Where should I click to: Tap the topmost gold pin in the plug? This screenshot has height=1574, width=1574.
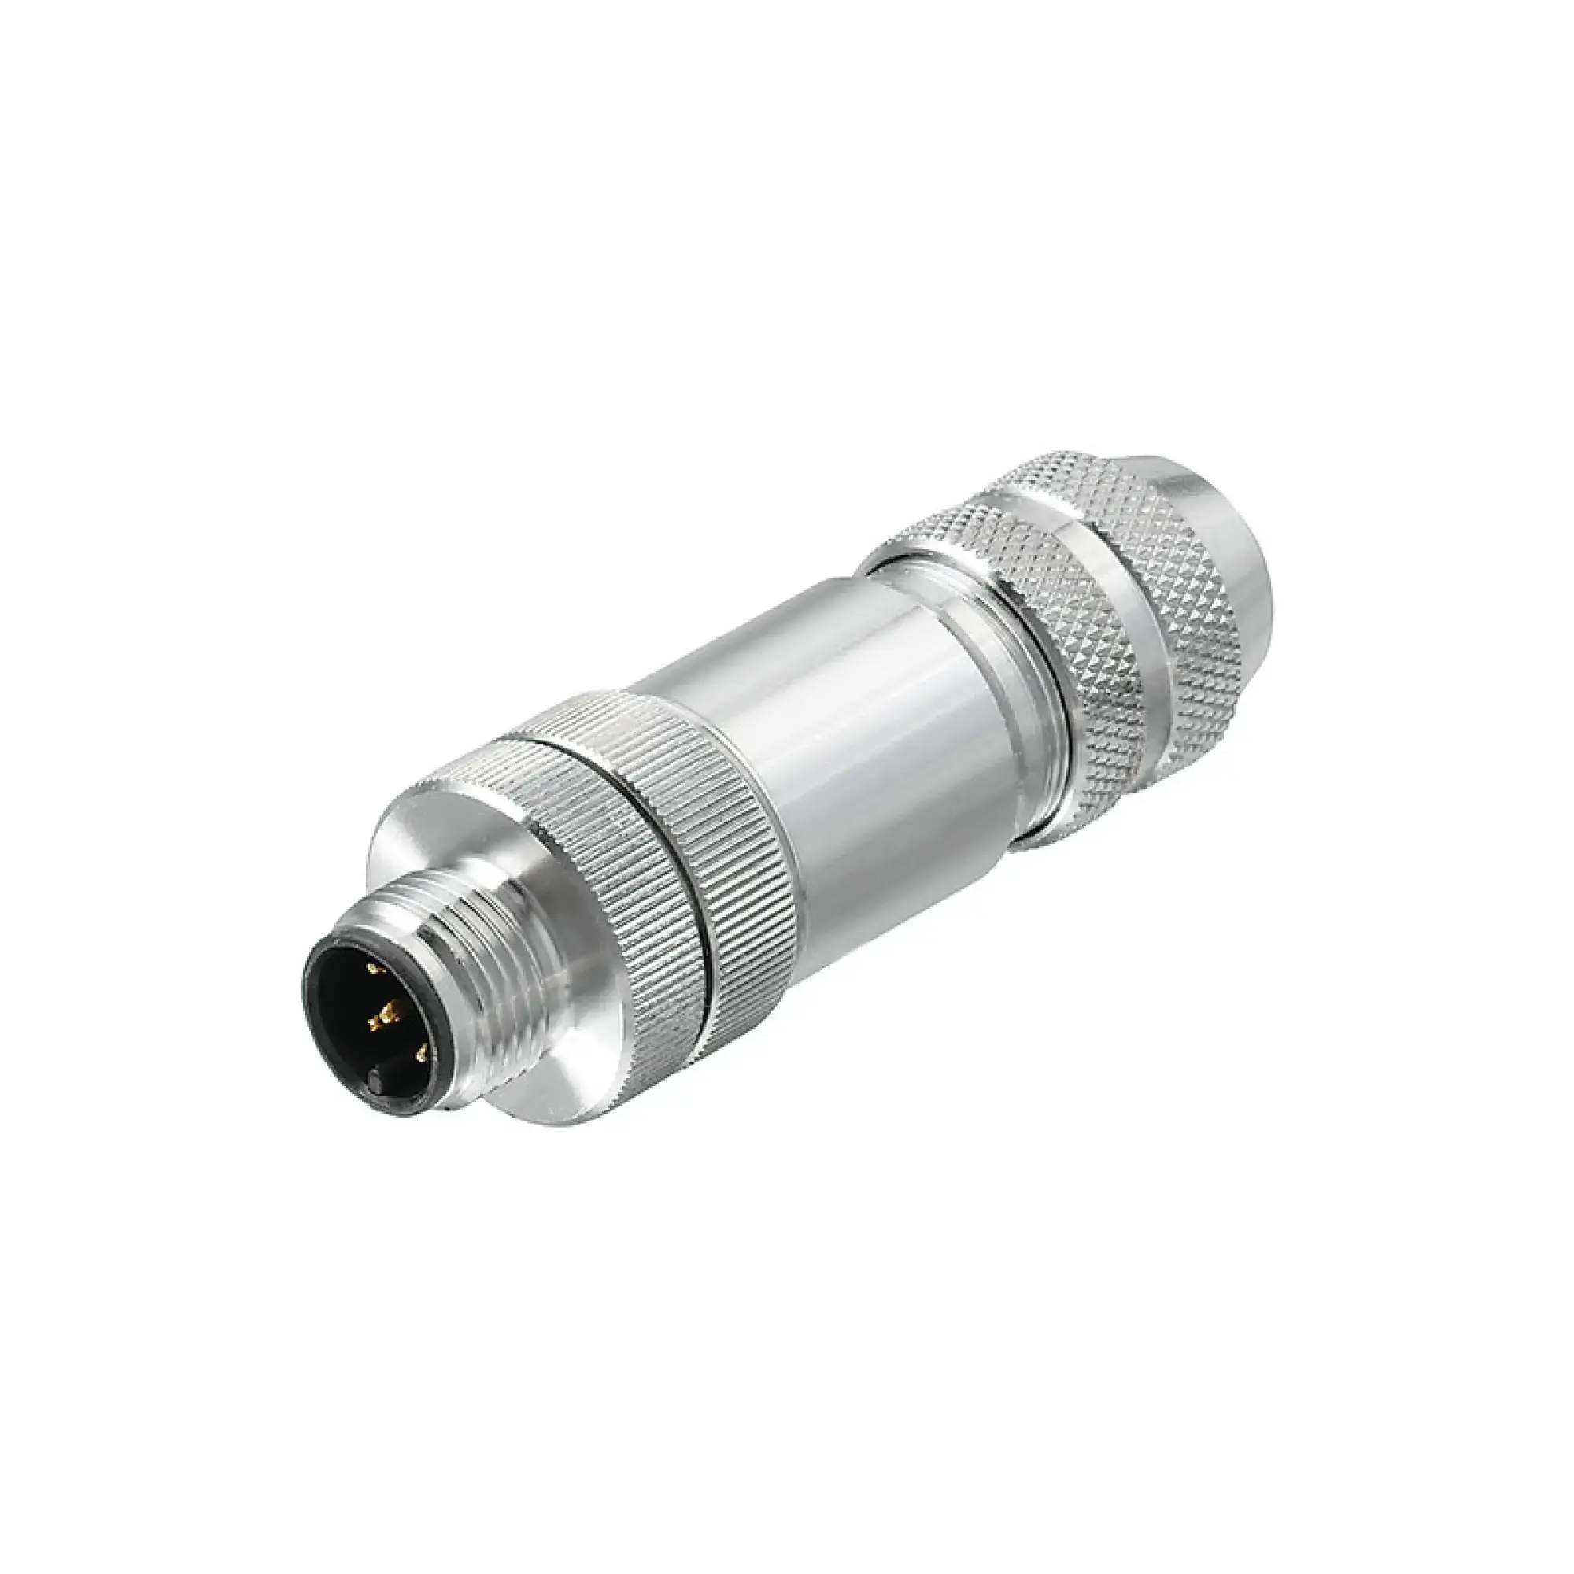pos(374,968)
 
